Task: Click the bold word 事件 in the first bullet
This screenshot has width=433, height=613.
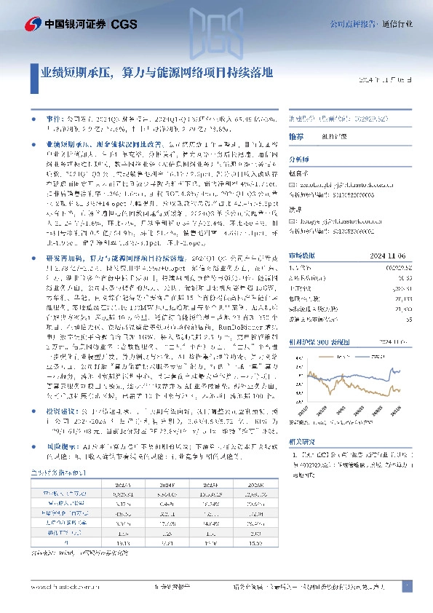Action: click(x=55, y=116)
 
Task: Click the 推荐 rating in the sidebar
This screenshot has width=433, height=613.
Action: click(x=296, y=137)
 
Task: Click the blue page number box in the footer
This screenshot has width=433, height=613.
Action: click(x=408, y=586)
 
